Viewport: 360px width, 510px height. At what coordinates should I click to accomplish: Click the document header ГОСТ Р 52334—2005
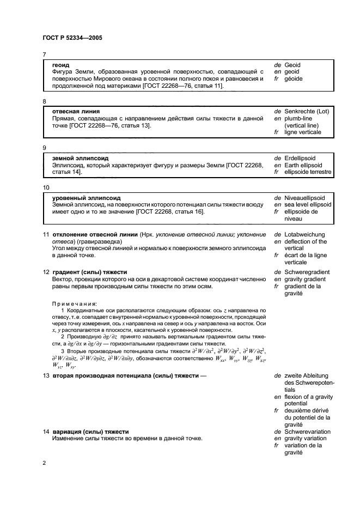(x=72, y=38)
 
